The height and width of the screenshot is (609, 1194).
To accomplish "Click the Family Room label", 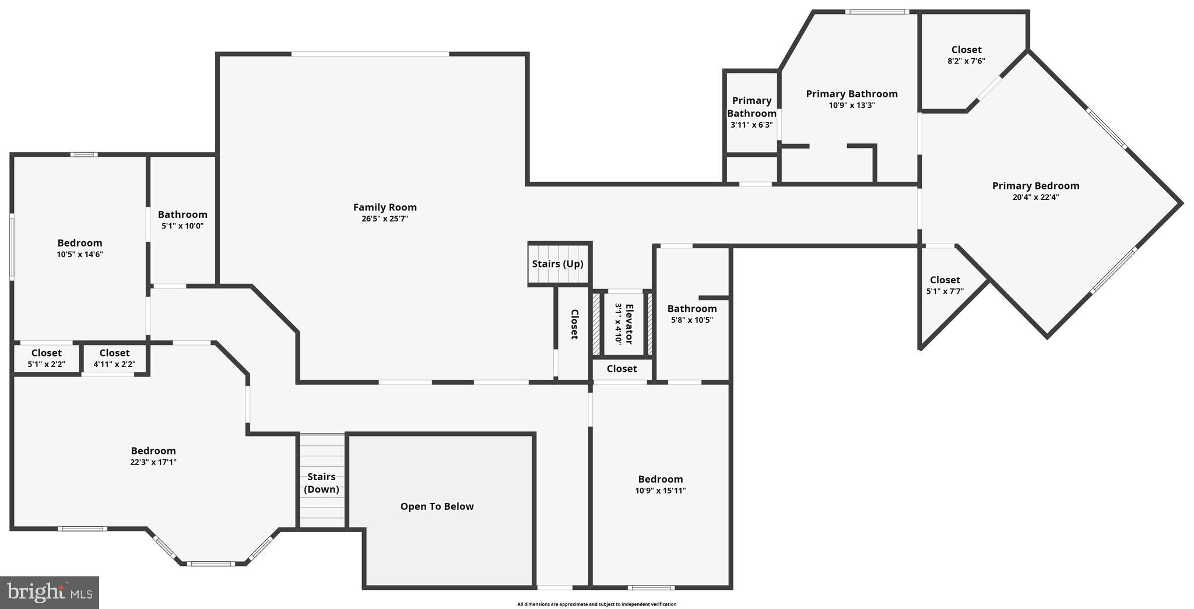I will click(385, 207).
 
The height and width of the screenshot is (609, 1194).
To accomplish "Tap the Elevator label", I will click(628, 323).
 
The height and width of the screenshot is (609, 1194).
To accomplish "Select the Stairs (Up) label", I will click(557, 263).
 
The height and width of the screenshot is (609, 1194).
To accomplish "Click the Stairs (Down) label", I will click(321, 483).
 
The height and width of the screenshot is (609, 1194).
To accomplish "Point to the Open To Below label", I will click(437, 506).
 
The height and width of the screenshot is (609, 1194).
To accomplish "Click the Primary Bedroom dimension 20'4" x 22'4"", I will click(1035, 197).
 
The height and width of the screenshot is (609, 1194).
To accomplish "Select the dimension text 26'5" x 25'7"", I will click(385, 219).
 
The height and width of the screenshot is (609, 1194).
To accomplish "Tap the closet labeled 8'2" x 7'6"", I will click(966, 55).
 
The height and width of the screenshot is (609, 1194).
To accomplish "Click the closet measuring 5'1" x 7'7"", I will click(944, 286).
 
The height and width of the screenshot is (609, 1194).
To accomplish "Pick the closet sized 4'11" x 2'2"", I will click(114, 358).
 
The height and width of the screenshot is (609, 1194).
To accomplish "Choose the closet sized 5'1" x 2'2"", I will click(46, 358).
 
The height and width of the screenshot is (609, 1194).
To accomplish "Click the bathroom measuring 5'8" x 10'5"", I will click(692, 314).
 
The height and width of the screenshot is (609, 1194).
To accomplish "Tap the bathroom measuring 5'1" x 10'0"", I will click(182, 220).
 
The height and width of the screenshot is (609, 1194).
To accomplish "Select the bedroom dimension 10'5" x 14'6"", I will click(80, 254).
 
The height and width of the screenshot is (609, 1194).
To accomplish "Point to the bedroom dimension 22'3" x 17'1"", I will click(153, 462).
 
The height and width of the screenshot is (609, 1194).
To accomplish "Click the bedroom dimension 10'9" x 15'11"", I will click(660, 491).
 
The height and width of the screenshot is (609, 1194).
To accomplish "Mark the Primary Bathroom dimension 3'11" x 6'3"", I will click(751, 125).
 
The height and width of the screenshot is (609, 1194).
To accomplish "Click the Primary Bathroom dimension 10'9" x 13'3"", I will click(852, 105).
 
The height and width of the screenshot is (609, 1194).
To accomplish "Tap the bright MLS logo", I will click(49, 593).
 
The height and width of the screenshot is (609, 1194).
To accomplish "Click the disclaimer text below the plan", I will click(596, 604).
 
